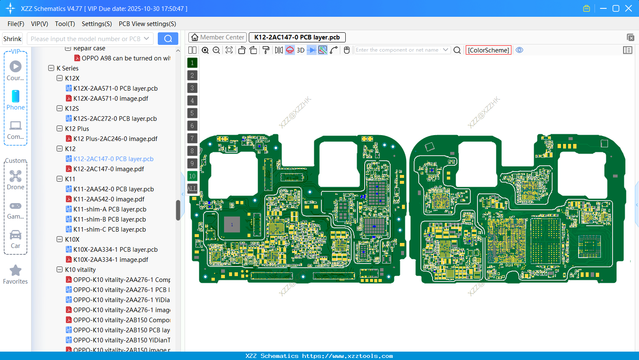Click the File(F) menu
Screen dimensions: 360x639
pyautogui.click(x=16, y=24)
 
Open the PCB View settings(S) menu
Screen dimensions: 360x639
pyautogui.click(x=147, y=24)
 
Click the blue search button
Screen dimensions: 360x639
pyautogui.click(x=168, y=39)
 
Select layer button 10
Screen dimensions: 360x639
pyautogui.click(x=192, y=176)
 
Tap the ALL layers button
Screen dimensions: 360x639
pyautogui.click(x=192, y=189)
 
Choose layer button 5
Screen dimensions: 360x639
pyautogui.click(x=192, y=113)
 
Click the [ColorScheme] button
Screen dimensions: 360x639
pyautogui.click(x=488, y=50)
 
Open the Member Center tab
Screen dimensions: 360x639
pyautogui.click(x=218, y=37)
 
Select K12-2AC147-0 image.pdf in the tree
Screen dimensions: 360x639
pyautogui.click(x=108, y=169)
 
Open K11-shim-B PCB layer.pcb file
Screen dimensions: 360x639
pyautogui.click(x=109, y=219)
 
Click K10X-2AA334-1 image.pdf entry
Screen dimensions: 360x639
pyautogui.click(x=110, y=260)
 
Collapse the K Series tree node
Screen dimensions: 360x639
pyautogui.click(x=51, y=68)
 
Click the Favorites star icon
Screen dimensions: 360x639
pyautogui.click(x=16, y=271)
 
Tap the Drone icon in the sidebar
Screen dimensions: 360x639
pyautogui.click(x=16, y=177)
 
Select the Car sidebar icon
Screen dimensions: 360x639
pyautogui.click(x=16, y=235)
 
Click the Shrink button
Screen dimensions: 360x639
pyautogui.click(x=12, y=39)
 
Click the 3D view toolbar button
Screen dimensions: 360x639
pyautogui.click(x=300, y=50)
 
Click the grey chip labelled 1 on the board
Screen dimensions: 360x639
pyautogui.click(x=232, y=224)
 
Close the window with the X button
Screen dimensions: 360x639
pyautogui.click(x=629, y=8)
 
